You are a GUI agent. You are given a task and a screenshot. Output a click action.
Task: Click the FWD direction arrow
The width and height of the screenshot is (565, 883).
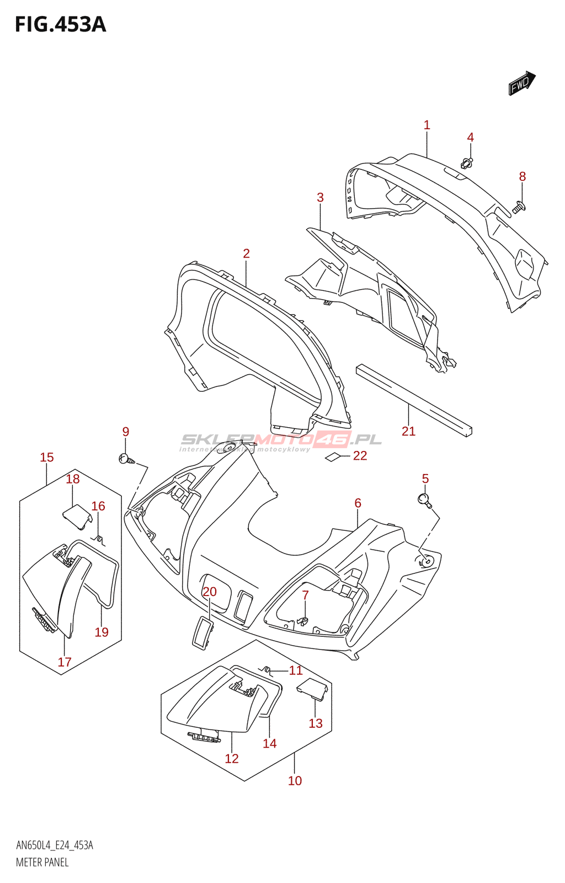[x=521, y=83]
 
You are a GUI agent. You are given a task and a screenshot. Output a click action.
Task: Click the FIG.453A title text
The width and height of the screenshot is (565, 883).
[x=60, y=25]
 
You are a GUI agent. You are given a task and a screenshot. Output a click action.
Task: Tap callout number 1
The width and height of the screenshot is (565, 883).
[x=427, y=125]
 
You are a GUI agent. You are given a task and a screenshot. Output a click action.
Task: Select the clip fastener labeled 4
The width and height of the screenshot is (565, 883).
[x=467, y=163]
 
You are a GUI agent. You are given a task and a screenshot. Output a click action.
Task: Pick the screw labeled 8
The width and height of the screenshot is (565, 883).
[x=519, y=208]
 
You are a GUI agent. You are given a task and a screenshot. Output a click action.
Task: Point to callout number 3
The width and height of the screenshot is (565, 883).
[x=320, y=198]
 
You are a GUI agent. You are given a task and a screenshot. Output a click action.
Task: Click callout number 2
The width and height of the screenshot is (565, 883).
[x=246, y=253]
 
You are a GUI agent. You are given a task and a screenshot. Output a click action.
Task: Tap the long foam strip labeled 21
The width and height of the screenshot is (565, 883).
[x=414, y=401]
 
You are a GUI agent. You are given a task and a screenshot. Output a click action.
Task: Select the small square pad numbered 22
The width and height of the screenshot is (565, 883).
[x=333, y=456]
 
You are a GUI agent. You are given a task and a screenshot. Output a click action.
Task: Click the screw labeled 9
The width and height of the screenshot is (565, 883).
[x=126, y=458]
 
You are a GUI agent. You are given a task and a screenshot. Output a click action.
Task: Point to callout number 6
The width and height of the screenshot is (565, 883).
[x=358, y=503]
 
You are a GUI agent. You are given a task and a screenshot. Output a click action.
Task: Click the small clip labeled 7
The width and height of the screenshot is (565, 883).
[x=302, y=621]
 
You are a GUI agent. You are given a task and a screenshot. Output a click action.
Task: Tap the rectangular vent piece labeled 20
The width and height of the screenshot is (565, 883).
[x=202, y=632]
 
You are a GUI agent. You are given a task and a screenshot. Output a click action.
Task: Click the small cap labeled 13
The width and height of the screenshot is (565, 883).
[x=312, y=689]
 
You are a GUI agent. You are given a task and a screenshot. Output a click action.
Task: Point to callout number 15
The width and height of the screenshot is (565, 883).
[x=47, y=458]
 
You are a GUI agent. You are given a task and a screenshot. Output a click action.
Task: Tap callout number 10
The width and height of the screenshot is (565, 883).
[x=295, y=780]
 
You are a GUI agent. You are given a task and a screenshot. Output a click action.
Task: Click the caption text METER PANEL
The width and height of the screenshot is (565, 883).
[x=42, y=862]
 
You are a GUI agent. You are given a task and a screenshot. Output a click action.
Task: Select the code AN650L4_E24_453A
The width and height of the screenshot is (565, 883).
[x=55, y=845]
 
